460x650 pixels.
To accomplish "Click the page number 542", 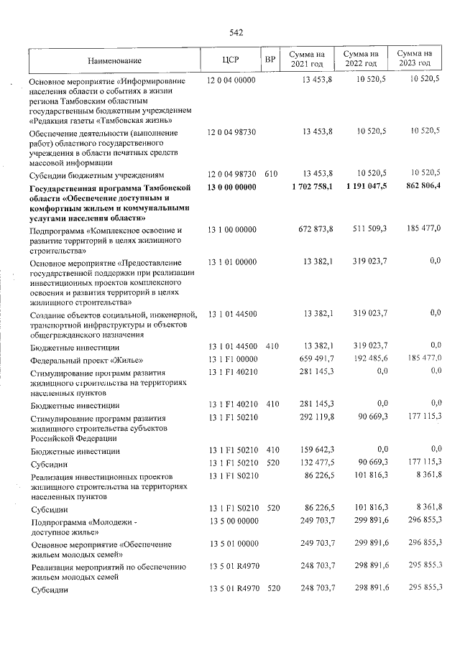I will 236,32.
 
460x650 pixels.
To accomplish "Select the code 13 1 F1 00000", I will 231,359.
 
